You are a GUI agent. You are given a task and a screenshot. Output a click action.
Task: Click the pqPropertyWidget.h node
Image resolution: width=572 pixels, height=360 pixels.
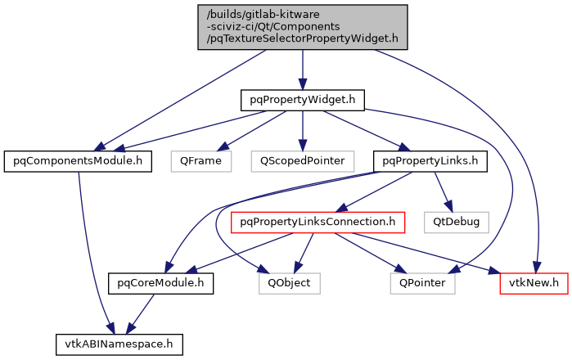[302, 100]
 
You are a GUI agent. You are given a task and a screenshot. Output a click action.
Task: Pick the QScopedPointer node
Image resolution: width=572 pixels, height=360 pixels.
[303, 160]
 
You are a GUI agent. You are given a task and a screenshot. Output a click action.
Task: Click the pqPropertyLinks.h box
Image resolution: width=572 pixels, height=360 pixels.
[430, 160]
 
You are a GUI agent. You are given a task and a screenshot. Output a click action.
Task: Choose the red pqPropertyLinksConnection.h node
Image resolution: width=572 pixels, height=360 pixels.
[319, 221]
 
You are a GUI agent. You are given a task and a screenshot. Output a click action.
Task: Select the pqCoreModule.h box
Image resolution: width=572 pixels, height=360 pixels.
[160, 283]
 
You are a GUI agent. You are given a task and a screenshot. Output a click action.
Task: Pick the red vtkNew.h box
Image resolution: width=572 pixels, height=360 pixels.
[534, 283]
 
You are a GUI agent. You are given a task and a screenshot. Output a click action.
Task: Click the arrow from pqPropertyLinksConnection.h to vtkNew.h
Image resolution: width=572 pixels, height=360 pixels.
[434, 254]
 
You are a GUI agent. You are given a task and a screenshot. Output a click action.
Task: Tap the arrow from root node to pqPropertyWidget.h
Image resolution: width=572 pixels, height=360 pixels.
[303, 69]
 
